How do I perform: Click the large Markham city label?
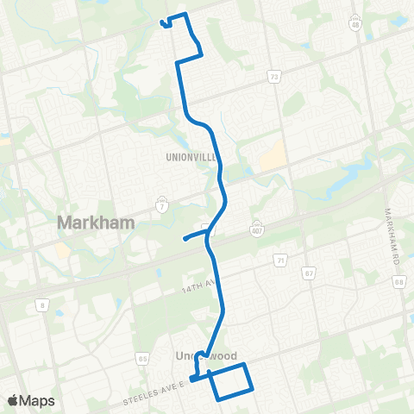click(96, 223)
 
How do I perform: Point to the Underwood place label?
click(204, 356)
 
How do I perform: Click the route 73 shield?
click(274, 78)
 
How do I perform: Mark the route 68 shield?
click(398, 281)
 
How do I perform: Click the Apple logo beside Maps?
click(14, 401)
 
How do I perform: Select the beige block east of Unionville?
click(273, 155)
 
